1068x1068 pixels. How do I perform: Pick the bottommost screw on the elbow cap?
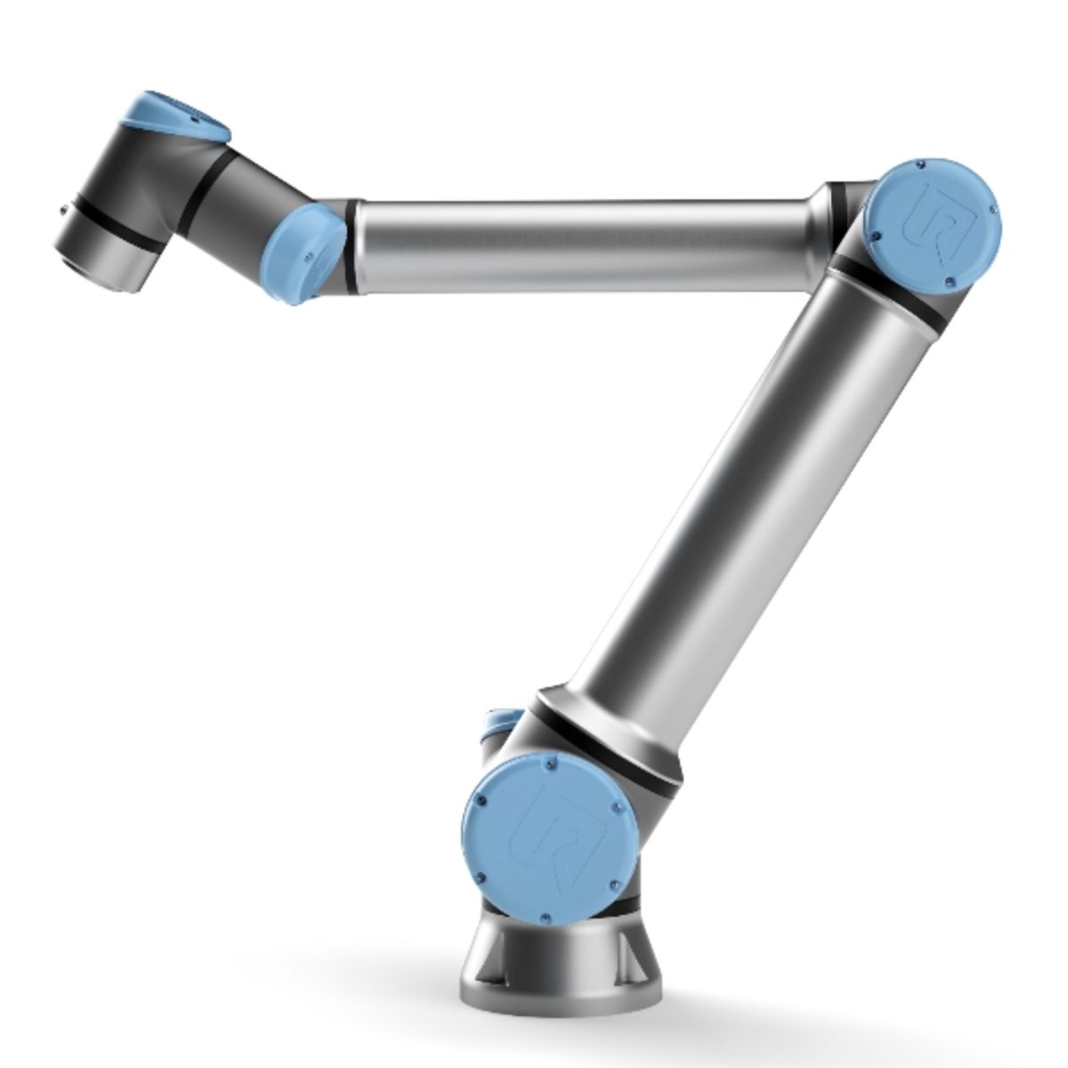[x=950, y=284]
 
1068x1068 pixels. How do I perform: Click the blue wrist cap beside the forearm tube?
[x=307, y=249]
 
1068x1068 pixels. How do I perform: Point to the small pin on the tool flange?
[x=62, y=211]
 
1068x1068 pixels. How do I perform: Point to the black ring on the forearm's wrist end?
[x=353, y=245]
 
